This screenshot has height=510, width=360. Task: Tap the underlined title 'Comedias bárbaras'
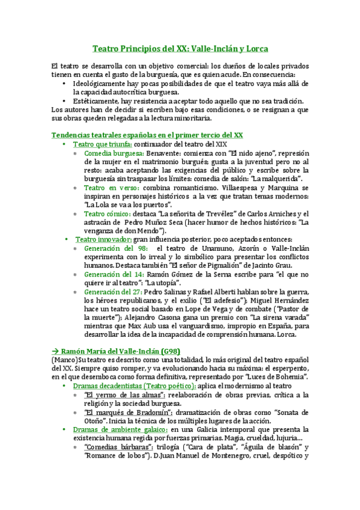tap(118, 447)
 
